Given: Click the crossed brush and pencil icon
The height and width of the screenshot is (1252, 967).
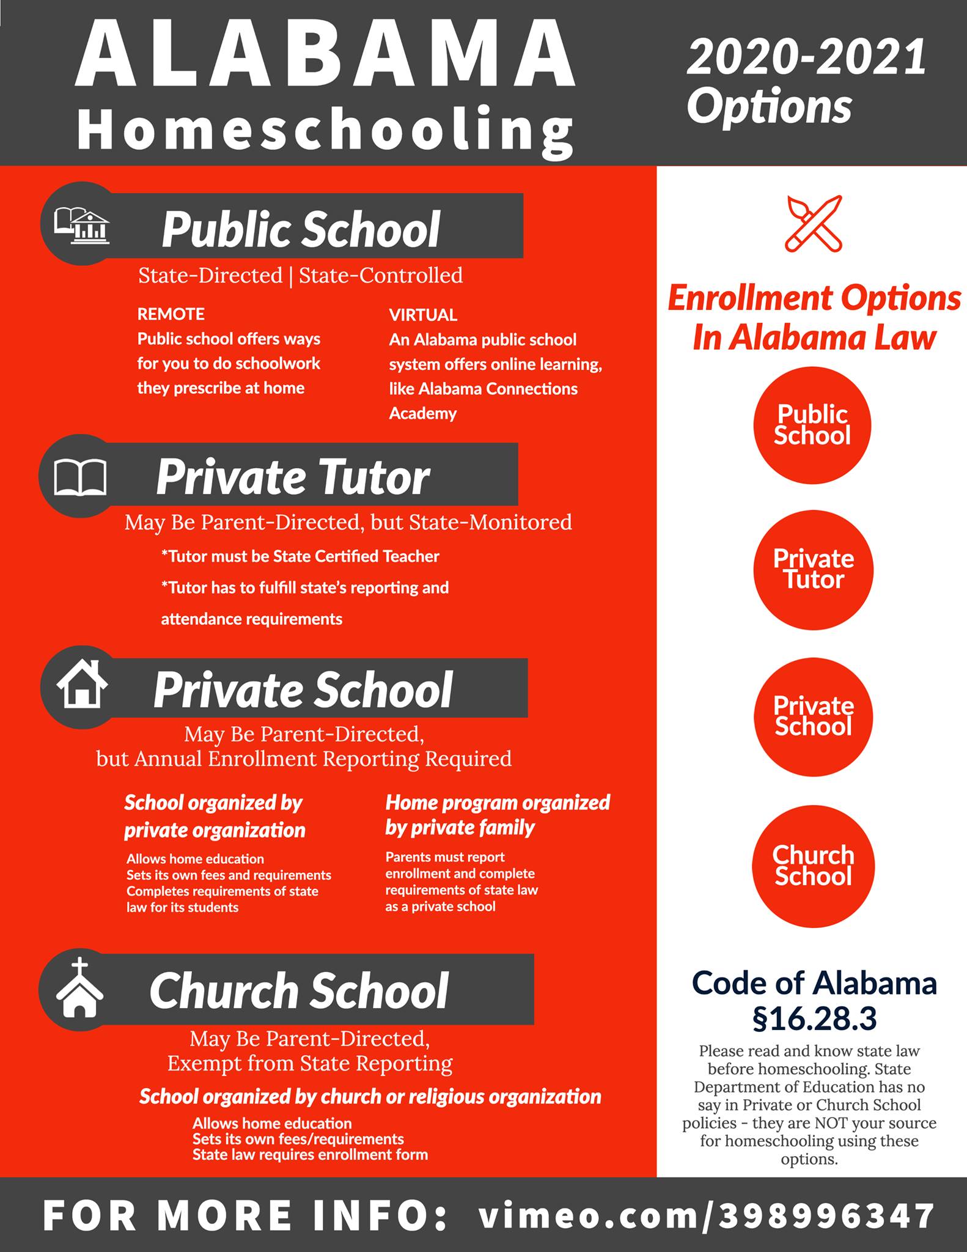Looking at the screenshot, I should (x=814, y=224).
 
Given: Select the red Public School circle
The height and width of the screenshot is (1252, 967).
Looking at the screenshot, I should (x=812, y=425).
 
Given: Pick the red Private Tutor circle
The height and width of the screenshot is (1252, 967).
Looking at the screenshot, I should (x=813, y=569).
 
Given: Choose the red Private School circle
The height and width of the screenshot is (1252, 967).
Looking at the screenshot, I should (x=813, y=716).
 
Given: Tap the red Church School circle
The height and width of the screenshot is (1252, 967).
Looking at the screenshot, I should (x=813, y=866).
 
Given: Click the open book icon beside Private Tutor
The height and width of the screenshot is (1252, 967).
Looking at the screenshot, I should (x=81, y=477).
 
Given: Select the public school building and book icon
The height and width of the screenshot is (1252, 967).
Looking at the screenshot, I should (x=82, y=225).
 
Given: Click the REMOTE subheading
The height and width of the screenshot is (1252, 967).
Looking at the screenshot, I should (x=171, y=314).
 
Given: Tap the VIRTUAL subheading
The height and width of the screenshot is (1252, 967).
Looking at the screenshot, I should (x=423, y=315).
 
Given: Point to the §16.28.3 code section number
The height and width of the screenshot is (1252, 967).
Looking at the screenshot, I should (x=814, y=1018).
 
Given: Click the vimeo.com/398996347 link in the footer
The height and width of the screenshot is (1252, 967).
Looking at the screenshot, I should (x=706, y=1215).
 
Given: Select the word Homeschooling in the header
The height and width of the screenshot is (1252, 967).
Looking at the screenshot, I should (x=325, y=130).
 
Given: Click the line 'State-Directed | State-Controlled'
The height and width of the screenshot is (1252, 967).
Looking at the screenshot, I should (x=300, y=276).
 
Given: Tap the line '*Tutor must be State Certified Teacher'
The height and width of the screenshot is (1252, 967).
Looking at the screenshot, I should (x=300, y=556).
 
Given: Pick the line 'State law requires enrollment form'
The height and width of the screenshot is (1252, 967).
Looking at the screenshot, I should (x=310, y=1155).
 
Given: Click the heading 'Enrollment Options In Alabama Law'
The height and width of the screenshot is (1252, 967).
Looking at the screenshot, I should (x=814, y=318).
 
